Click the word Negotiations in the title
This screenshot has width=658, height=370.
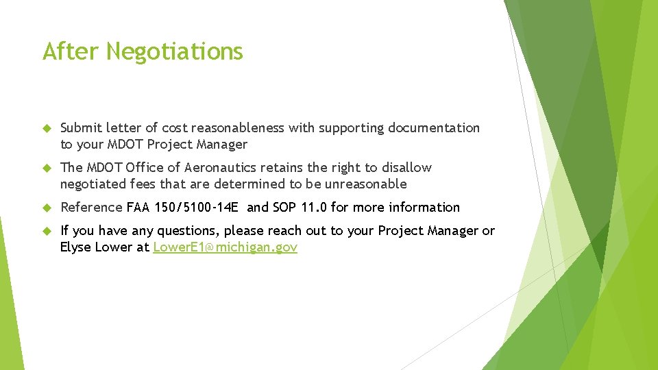tap(175, 51)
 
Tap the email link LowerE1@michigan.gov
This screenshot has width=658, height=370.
tap(225, 247)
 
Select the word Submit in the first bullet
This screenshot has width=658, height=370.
tap(80, 128)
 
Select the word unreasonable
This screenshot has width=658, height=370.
tap(367, 184)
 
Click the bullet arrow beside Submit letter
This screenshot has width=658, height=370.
tap(47, 128)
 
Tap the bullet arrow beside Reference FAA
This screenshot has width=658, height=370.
tap(47, 208)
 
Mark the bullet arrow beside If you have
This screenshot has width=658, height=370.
tap(47, 231)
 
